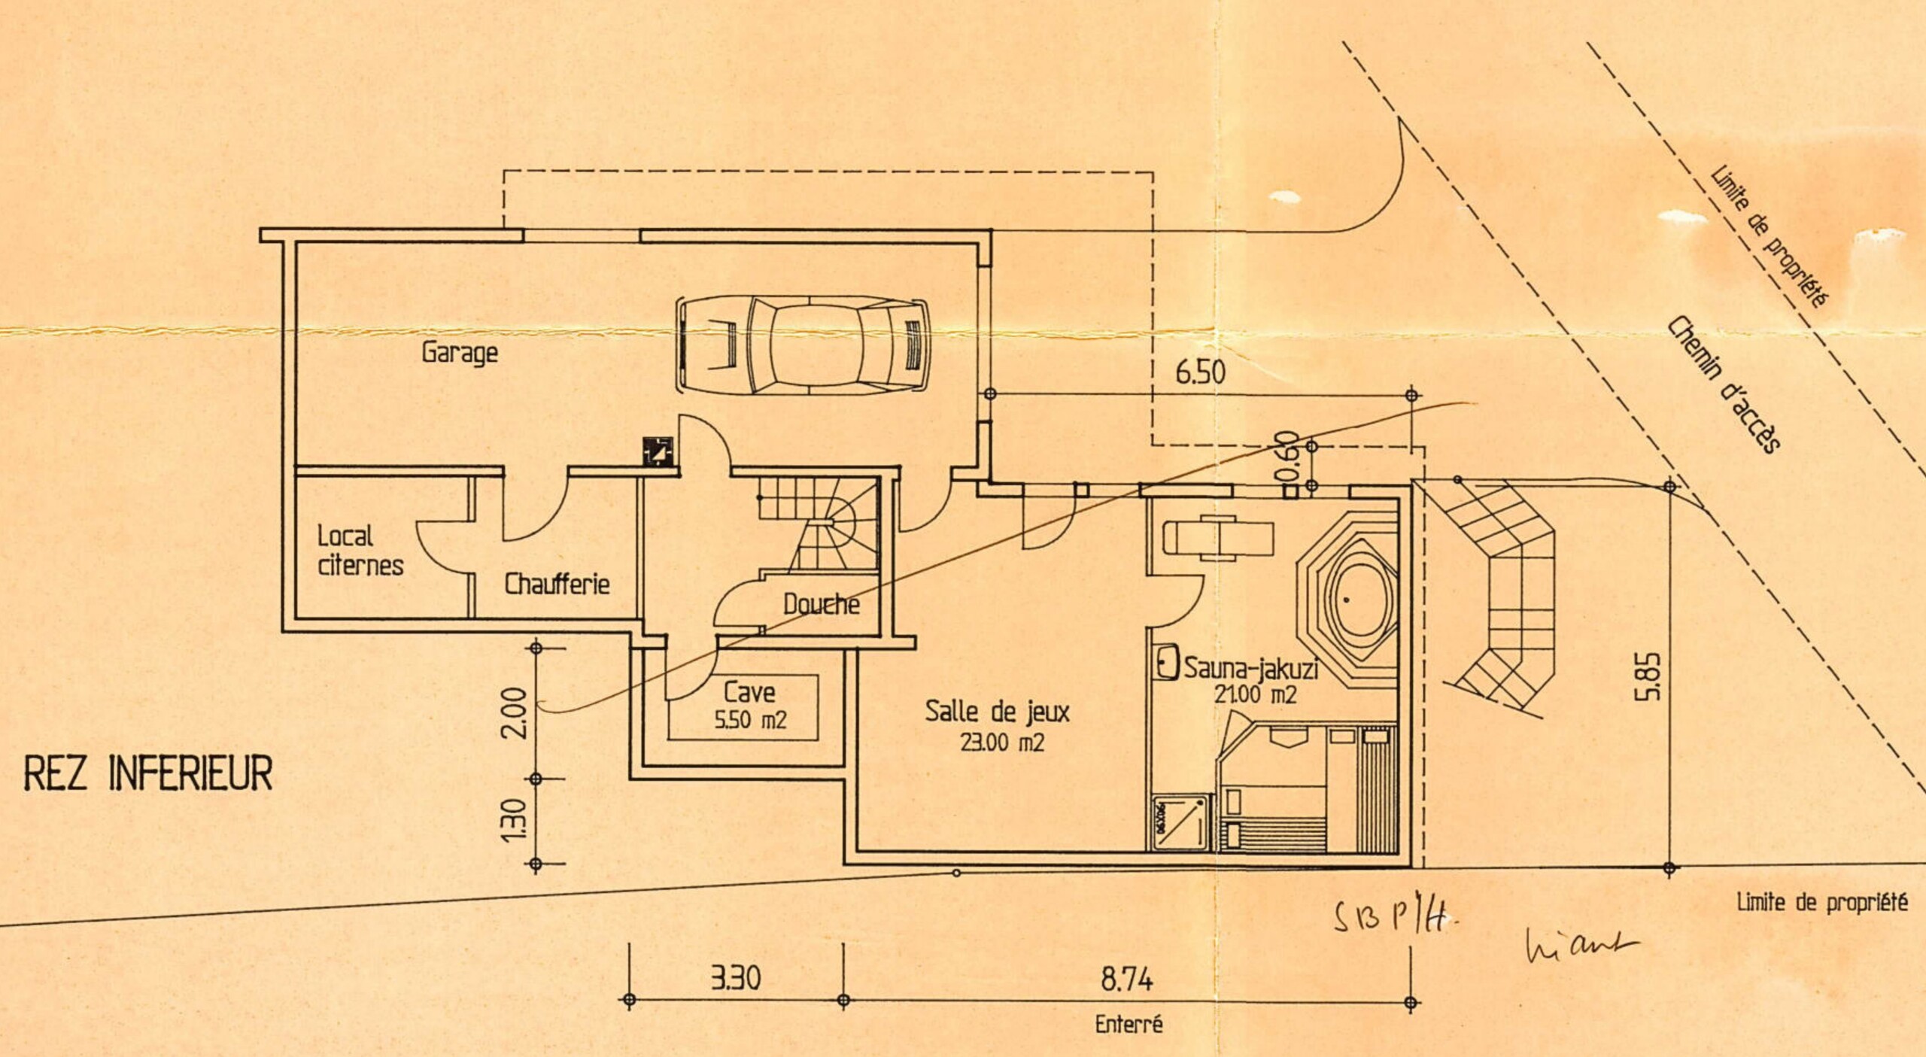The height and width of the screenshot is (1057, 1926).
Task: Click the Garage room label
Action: [x=460, y=352]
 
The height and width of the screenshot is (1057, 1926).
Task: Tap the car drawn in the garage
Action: [x=804, y=345]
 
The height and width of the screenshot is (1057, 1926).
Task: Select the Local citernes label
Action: [x=360, y=551]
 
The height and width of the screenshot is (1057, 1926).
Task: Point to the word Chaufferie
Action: [x=557, y=584]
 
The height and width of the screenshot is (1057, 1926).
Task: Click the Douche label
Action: [x=821, y=603]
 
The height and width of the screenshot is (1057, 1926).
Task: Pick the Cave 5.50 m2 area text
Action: [x=750, y=706]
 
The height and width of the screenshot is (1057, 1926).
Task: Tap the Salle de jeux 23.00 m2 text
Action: [x=998, y=725]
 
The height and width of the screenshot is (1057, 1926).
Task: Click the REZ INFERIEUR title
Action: [x=148, y=773]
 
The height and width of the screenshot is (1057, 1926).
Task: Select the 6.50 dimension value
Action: [x=1200, y=372]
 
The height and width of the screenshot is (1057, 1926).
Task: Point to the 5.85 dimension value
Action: [x=1647, y=676]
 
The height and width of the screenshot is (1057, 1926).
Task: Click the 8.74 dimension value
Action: [x=1126, y=979]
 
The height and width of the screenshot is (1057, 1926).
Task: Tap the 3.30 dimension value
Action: [x=736, y=977]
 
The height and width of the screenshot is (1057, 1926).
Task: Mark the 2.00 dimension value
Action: [x=514, y=713]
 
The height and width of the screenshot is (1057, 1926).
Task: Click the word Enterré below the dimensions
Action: [x=1129, y=1024]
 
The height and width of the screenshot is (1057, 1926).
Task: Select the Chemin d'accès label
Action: [x=1724, y=384]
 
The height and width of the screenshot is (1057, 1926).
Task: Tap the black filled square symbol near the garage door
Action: [x=658, y=451]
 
